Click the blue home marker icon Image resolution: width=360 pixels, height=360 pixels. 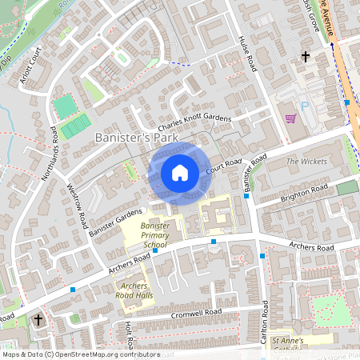click(x=180, y=173)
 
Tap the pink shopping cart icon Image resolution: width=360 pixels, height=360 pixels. click(x=290, y=119)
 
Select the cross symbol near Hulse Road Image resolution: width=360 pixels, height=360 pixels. click(x=305, y=57)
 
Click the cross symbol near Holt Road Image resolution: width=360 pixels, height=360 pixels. click(x=38, y=320)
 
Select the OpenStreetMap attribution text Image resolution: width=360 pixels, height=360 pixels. click(x=80, y=354)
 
